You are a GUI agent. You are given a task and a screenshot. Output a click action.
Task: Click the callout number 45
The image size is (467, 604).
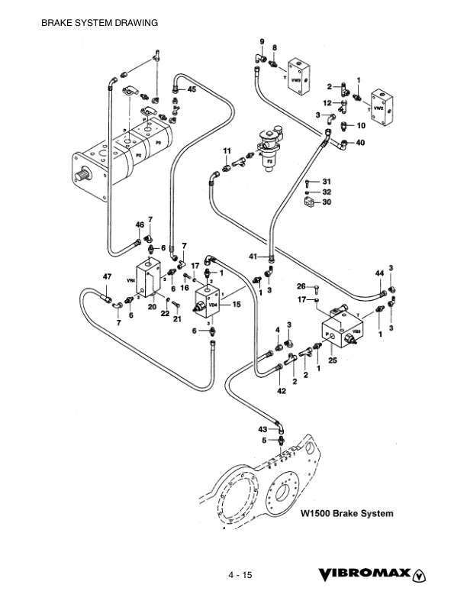(x=191, y=90)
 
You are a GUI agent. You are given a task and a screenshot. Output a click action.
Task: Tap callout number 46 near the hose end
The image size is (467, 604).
(x=140, y=224)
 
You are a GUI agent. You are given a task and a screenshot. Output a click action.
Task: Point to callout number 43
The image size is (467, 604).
(x=262, y=429)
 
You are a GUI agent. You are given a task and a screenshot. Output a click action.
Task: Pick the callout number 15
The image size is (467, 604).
(x=237, y=304)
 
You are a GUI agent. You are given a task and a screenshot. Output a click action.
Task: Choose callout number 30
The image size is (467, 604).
(x=327, y=202)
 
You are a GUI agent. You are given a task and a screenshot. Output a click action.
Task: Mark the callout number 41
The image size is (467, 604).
(x=253, y=257)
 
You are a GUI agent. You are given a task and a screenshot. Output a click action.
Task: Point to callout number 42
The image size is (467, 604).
(x=282, y=391)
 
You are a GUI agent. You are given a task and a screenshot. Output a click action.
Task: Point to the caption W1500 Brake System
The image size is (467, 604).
(x=347, y=513)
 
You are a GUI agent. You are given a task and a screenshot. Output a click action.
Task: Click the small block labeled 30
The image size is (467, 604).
(x=308, y=203)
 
